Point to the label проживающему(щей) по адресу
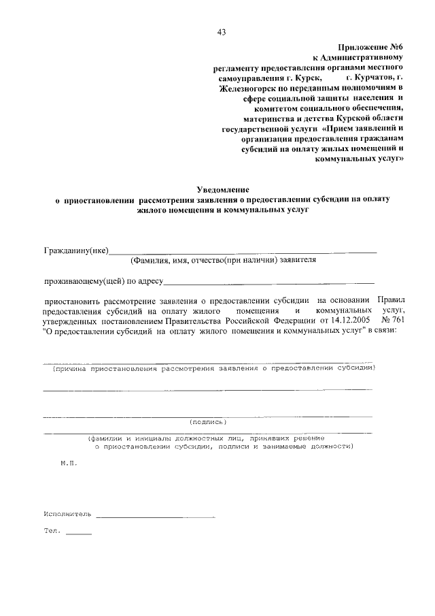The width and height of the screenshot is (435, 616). (x=103, y=280)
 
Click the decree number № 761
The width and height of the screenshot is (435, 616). (x=392, y=319)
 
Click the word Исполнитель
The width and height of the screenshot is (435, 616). (x=67, y=514)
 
